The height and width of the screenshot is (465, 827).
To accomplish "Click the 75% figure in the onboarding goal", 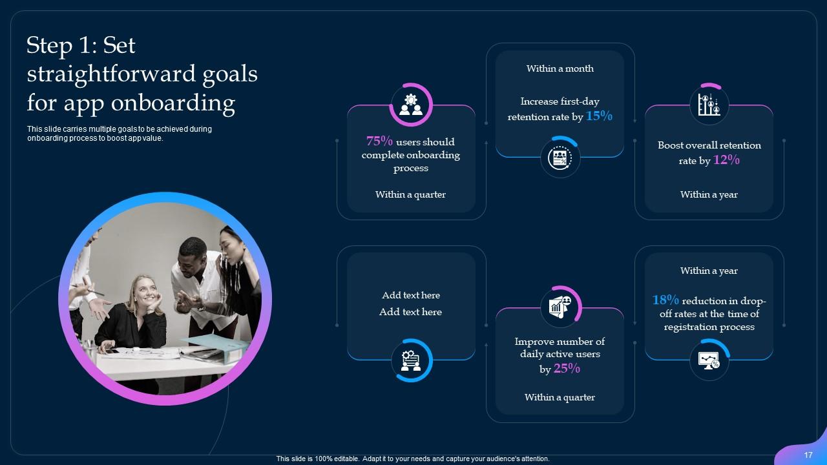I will click(x=379, y=141).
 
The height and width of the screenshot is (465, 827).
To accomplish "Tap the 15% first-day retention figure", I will click(x=599, y=116).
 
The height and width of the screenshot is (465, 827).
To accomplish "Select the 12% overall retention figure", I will click(x=726, y=160).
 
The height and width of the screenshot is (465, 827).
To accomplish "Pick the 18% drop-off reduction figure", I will click(x=665, y=300).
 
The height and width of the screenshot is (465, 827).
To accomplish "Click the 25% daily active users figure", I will click(x=567, y=369).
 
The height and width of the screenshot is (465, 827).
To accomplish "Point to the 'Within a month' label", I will click(x=560, y=68).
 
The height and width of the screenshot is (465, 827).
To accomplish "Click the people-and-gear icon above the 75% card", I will click(x=410, y=105).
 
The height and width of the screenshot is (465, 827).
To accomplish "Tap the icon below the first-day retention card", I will click(x=560, y=158).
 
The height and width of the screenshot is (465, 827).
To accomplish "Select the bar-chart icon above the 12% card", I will click(x=709, y=105).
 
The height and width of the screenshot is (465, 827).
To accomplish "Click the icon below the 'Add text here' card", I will click(x=411, y=360).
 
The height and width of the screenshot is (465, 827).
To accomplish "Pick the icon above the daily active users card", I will click(x=560, y=305).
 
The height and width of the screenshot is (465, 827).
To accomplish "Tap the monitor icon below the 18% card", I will click(x=709, y=360).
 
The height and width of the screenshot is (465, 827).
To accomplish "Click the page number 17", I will click(x=808, y=455).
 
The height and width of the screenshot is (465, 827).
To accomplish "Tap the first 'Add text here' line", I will click(x=410, y=295).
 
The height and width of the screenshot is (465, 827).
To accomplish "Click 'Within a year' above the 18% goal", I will click(x=709, y=271).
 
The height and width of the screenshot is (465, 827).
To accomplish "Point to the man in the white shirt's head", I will click(x=192, y=253).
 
